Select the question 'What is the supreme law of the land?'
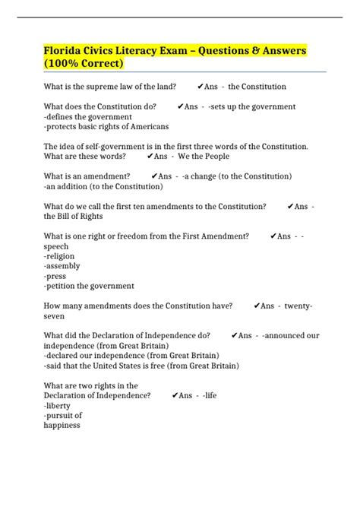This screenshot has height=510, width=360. [x=110, y=87]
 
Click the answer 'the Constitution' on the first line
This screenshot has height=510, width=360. [x=257, y=87]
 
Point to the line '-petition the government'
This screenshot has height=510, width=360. [x=89, y=286]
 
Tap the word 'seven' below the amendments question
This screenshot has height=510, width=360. [x=55, y=315]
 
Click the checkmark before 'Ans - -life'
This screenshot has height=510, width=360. [x=175, y=395]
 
